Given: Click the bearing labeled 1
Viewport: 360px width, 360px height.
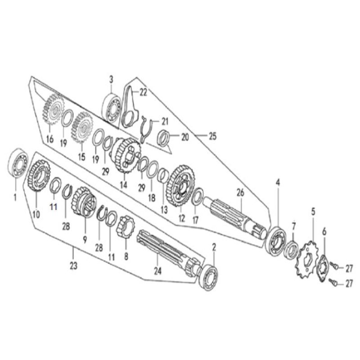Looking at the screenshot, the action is click(18, 163).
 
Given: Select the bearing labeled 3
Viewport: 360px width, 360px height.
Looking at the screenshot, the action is click(111, 108).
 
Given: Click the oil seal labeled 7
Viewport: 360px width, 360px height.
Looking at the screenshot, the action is click(292, 249).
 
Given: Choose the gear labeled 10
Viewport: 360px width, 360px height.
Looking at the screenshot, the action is click(39, 176).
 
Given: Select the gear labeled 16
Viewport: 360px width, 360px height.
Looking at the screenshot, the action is click(53, 109).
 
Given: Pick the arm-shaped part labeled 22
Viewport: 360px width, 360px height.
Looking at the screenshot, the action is click(130, 107).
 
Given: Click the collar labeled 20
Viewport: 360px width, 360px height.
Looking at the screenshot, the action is click(164, 138).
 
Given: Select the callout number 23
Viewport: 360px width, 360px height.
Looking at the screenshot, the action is click(74, 266).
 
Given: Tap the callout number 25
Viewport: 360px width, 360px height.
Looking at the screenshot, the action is click(212, 136).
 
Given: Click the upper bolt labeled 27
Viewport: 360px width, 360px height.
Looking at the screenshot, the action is click(334, 266).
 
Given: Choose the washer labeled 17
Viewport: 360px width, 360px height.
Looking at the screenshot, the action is click(197, 197).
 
